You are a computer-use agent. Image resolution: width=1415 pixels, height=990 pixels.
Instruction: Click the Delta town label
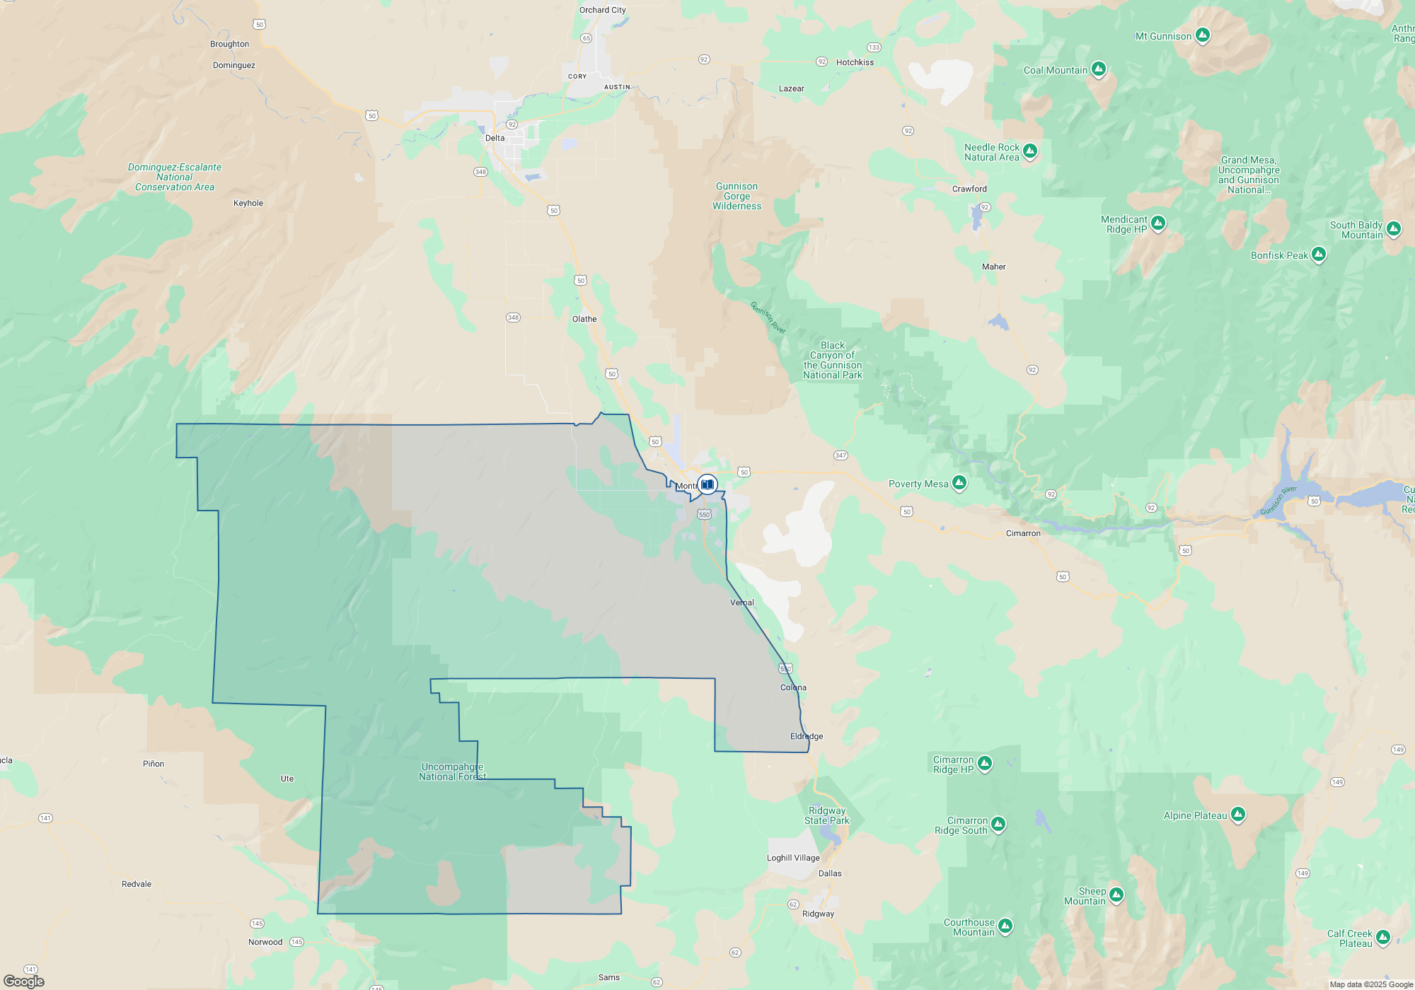495,138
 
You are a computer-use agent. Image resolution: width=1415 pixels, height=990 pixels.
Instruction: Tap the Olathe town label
584,319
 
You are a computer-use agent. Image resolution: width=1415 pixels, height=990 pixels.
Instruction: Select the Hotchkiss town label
855,62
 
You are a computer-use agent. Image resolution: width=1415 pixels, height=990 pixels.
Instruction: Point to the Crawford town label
969,189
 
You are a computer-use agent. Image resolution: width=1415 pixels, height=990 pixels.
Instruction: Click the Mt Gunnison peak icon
1203,35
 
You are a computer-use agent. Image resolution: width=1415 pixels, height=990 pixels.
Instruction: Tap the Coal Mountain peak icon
1099,69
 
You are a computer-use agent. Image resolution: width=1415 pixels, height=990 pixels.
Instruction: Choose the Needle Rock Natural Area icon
1030,151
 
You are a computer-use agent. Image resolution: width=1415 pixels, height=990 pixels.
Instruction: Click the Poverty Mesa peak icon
959,483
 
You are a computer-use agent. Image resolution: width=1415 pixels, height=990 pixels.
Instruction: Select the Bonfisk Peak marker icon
1319,255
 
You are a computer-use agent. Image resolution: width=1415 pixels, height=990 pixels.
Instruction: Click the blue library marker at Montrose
707,484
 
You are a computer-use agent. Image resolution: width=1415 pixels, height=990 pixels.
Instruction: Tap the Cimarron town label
1023,533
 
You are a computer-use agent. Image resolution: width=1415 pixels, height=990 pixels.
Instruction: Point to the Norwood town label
265,942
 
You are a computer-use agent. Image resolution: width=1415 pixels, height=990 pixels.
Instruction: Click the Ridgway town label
818,914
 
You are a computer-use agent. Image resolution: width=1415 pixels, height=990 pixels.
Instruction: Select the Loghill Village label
793,858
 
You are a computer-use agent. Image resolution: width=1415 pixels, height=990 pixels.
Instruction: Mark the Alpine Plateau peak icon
1238,815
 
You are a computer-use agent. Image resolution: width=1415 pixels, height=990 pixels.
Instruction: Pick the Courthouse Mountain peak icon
1005,926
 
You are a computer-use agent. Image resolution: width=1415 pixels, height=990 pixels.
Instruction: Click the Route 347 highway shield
841,455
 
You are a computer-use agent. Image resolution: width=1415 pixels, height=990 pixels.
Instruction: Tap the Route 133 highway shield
874,47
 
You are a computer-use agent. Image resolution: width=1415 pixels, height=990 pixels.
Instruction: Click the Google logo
24,982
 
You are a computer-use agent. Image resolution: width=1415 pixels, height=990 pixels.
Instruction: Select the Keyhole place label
248,203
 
